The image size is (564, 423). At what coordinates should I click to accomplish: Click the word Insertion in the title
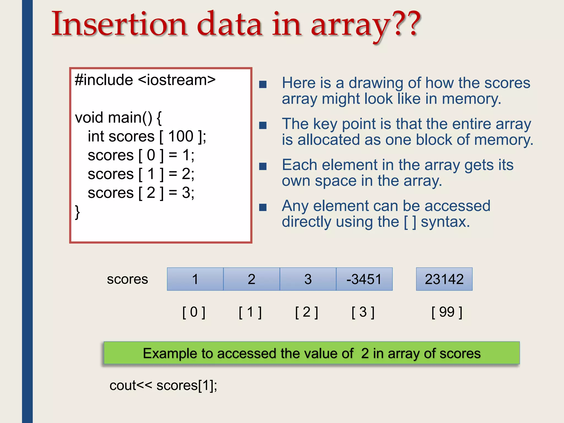point(120,24)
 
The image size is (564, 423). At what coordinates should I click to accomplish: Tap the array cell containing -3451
point(364,279)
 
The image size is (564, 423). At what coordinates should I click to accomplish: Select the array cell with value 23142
point(444,279)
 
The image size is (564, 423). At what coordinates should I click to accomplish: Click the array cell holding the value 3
point(308,279)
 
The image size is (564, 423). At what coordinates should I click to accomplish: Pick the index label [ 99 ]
point(447,312)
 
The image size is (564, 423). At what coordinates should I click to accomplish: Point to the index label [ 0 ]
point(194,312)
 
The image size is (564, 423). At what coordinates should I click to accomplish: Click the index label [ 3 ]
point(363,312)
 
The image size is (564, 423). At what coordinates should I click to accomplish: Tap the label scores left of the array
point(127,279)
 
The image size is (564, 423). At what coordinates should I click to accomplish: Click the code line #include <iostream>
point(145,80)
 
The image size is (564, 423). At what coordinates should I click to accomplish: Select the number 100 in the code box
point(181,136)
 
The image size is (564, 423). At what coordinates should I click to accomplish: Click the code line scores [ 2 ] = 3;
point(141,193)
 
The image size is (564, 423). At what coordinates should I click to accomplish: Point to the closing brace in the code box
point(77,212)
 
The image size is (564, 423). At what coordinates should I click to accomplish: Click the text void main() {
point(118,118)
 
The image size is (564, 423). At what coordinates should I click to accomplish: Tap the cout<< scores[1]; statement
point(163,385)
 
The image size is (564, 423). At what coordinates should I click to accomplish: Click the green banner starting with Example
point(311,353)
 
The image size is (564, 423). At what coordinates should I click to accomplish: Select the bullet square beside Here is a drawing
point(263,84)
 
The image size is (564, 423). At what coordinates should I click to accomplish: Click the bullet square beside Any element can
point(263,207)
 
